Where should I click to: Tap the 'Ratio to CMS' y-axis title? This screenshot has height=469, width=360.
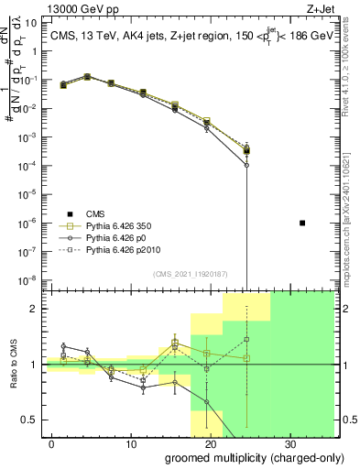[10, 364]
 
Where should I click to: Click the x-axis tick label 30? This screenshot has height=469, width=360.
[289, 444]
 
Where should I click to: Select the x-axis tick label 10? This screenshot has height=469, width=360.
[131, 444]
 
